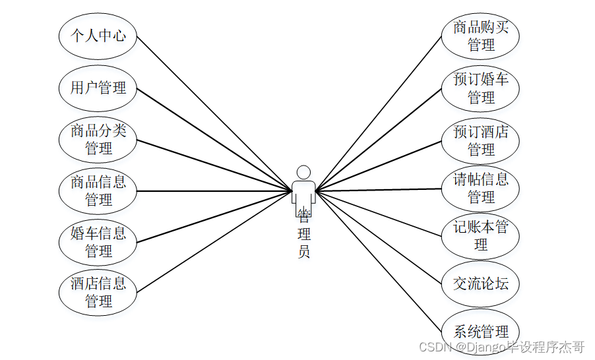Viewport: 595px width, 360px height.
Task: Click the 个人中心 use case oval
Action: coord(98,36)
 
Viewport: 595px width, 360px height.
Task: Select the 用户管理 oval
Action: coord(98,88)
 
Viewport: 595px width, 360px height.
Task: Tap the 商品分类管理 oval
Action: coord(98,140)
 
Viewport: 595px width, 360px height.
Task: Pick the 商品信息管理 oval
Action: coord(98,191)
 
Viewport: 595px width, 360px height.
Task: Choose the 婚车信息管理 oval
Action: coord(98,242)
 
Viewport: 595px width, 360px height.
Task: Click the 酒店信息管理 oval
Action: coord(98,293)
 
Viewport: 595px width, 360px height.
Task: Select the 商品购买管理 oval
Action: coord(481,36)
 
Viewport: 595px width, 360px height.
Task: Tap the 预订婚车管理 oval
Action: coord(481,88)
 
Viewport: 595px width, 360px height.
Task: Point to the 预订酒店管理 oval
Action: coord(481,140)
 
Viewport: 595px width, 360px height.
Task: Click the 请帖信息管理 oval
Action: coord(481,189)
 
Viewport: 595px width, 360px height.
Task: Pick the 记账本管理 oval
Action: coord(481,236)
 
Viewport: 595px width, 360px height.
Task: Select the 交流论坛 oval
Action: coord(481,284)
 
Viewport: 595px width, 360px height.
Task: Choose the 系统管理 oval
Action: coord(481,332)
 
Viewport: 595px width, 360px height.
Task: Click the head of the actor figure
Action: coord(303,172)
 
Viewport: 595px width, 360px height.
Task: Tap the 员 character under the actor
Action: coord(303,251)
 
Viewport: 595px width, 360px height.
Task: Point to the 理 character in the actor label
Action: coord(303,234)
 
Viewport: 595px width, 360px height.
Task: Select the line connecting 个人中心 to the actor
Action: coord(214,113)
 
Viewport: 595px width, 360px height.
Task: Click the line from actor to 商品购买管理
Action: coord(379,113)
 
